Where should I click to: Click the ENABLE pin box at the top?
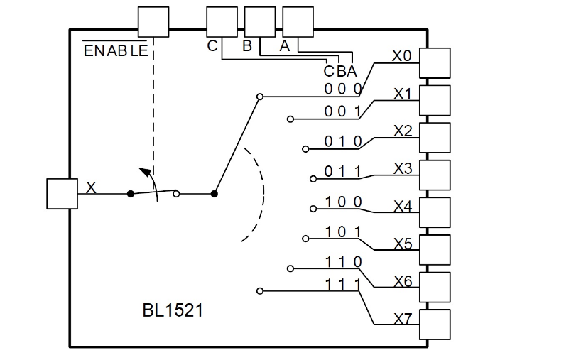(x=153, y=22)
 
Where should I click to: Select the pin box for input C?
(x=222, y=22)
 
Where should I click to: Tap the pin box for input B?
(x=259, y=22)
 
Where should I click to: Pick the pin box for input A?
(x=298, y=22)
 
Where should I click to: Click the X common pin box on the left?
(x=62, y=194)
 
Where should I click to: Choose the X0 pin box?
(x=435, y=63)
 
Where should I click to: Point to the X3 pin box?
(x=435, y=175)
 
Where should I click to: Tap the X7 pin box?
(x=435, y=324)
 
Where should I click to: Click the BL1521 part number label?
(x=173, y=310)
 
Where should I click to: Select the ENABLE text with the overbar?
(x=116, y=51)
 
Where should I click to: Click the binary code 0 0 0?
(x=343, y=89)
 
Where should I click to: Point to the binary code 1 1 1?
(x=343, y=284)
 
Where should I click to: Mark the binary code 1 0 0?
(x=343, y=202)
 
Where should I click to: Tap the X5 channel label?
(x=403, y=244)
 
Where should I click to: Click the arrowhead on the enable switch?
(x=144, y=171)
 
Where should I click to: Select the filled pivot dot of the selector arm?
(x=214, y=193)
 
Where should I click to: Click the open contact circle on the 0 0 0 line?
(x=259, y=96)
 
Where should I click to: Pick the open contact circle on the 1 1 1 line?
(x=259, y=290)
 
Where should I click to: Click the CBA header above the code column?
(x=339, y=71)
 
